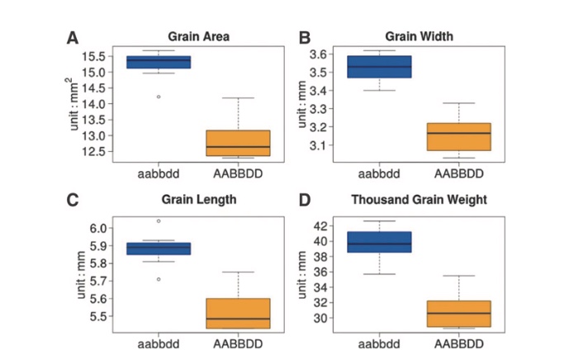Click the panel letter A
tap(73, 38)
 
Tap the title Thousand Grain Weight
tap(419, 200)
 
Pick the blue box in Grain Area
tap(159, 62)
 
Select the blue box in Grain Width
tap(379, 66)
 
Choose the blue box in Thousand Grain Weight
tap(379, 241)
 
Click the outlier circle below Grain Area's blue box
tap(159, 97)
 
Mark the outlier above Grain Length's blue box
tap(159, 220)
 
